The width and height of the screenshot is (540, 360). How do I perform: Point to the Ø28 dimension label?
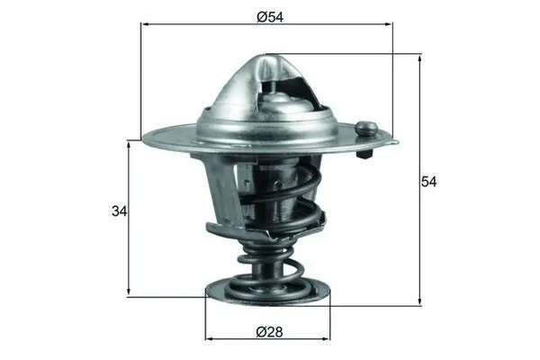pyautogui.click(x=267, y=332)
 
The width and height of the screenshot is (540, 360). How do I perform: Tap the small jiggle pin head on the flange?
pyautogui.click(x=365, y=128)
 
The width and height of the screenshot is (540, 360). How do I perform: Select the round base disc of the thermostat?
pyautogui.click(x=267, y=293)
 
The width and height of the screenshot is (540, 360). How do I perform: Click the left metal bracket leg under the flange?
pyautogui.click(x=222, y=193)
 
